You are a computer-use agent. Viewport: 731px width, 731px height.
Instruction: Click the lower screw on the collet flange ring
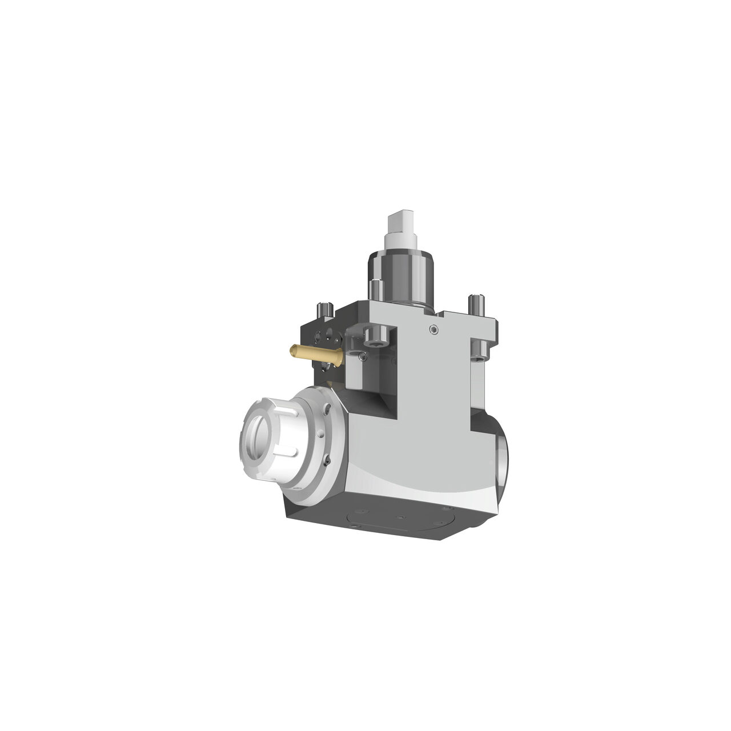[326, 460]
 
